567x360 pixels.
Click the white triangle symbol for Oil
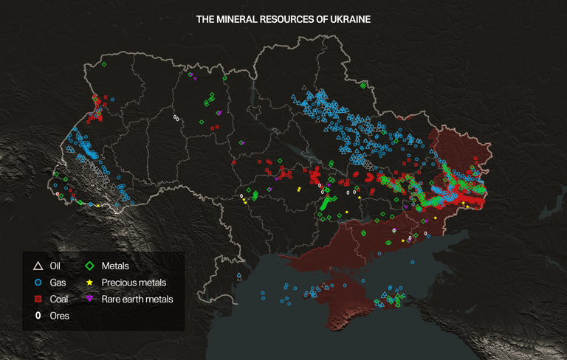tap(38, 266)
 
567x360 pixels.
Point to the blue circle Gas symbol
tap(38, 283)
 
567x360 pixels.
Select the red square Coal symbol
tap(38, 300)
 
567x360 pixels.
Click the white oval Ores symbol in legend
tap(38, 316)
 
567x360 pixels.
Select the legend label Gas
tap(58, 283)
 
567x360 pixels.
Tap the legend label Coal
tap(59, 300)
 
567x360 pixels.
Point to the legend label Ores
tap(59, 316)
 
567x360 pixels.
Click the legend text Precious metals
tap(134, 283)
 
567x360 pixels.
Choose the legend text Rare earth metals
tap(137, 300)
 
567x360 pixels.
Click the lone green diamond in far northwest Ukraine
tap(104, 64)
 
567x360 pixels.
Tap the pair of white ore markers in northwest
tap(176, 117)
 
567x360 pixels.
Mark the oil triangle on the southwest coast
tap(239, 277)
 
